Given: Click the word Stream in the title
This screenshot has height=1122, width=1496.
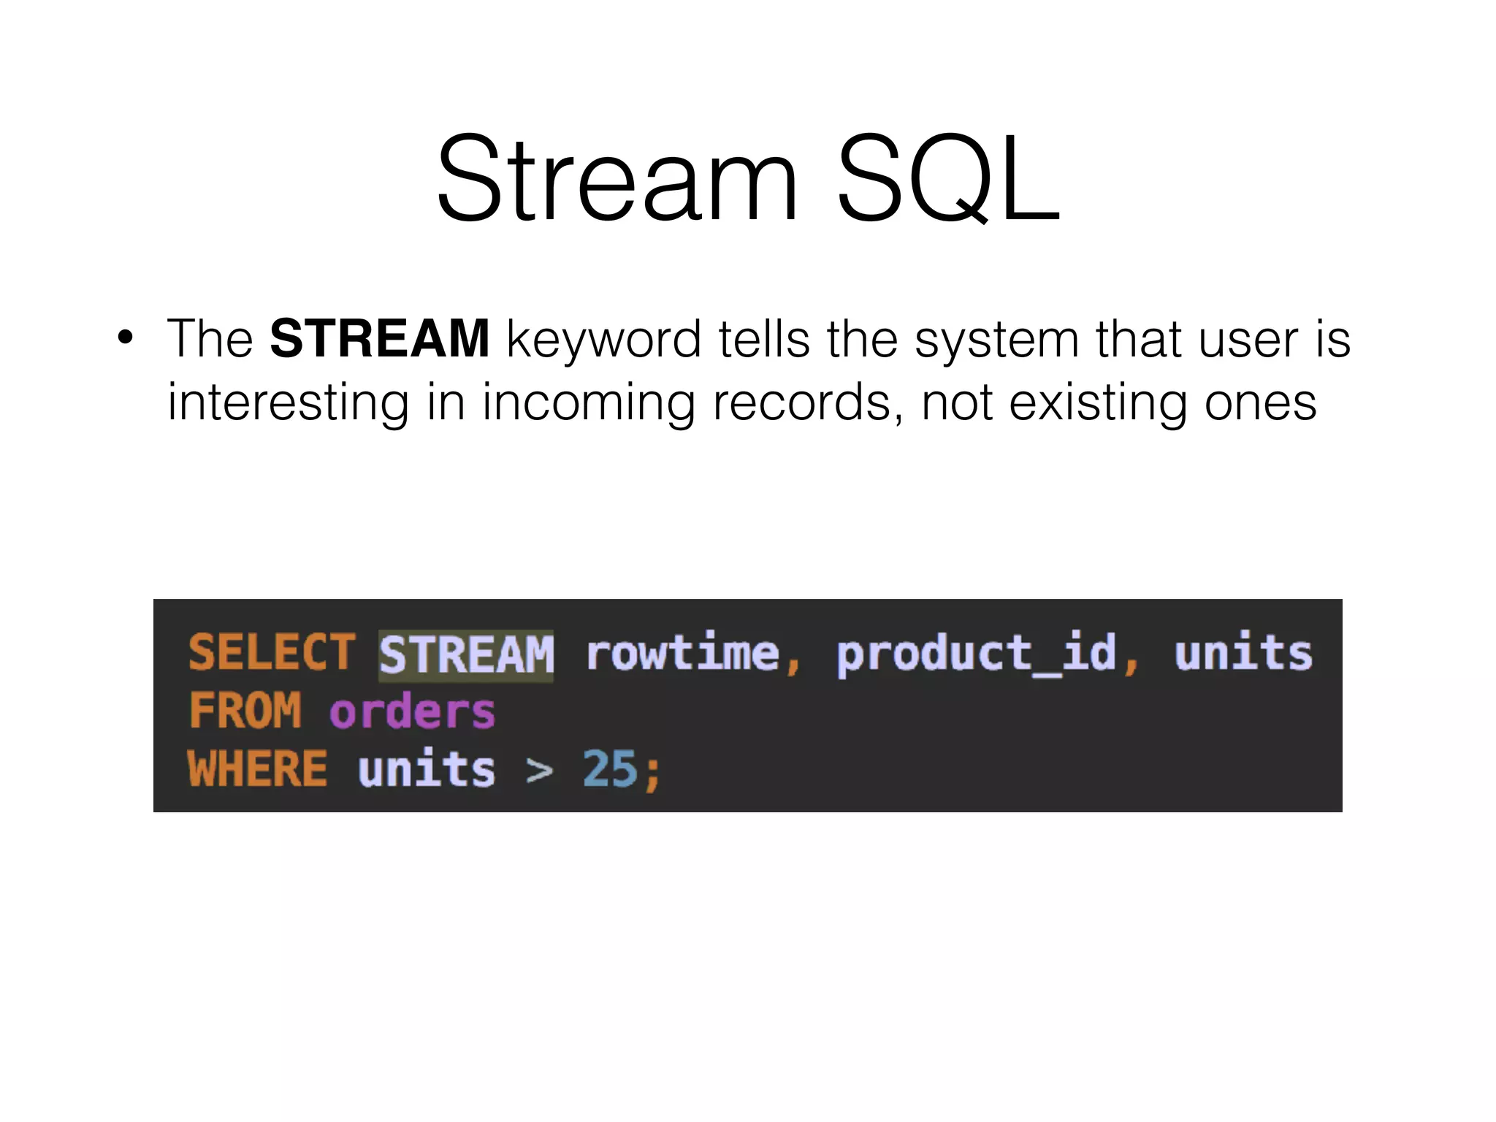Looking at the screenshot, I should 617,179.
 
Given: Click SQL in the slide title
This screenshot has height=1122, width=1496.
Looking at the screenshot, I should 948,179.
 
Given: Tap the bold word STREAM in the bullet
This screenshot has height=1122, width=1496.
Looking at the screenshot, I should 379,339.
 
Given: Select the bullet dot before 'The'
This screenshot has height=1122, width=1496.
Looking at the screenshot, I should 126,338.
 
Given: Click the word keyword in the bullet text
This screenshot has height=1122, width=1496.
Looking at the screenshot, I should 603,340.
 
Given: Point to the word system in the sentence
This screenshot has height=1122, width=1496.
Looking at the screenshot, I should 996,340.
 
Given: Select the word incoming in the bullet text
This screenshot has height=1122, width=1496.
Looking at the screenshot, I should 588,403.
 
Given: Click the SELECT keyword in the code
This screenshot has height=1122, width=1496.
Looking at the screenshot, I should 272,652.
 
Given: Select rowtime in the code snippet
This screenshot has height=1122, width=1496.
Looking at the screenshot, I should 683,652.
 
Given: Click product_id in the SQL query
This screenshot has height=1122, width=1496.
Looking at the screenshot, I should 977,654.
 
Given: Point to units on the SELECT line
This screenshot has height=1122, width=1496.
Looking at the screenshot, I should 1243,652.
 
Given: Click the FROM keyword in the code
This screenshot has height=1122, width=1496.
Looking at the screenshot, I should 245,710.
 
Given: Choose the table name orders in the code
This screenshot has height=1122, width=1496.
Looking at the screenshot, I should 412,711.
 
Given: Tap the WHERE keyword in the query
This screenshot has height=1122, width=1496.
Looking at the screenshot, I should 257,768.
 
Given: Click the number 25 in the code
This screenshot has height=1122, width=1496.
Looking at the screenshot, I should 610,768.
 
